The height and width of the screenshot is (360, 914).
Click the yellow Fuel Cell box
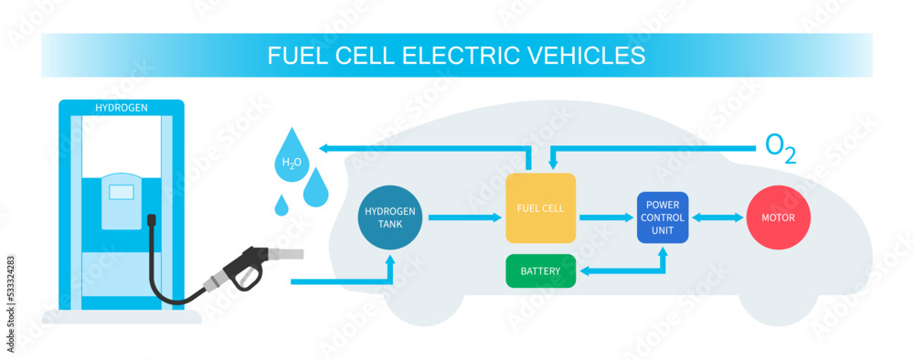[x=540, y=207]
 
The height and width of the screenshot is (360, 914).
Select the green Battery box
[x=540, y=270]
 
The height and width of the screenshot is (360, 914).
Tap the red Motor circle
[x=778, y=218]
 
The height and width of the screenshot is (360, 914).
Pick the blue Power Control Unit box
[x=663, y=217]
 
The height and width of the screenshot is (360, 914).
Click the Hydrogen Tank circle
[x=390, y=217]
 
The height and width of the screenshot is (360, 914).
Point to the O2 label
[x=779, y=149]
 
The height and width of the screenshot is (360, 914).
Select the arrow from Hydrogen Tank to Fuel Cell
[x=463, y=217]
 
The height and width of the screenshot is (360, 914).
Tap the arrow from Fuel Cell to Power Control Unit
[x=605, y=217]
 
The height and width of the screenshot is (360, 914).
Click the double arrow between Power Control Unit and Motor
[x=717, y=217]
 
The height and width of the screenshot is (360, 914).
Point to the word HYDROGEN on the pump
[x=122, y=108]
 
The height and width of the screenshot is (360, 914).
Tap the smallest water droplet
[x=282, y=206]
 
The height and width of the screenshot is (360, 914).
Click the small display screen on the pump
[x=122, y=191]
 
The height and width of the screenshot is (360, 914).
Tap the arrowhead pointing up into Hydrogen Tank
[x=390, y=259]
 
